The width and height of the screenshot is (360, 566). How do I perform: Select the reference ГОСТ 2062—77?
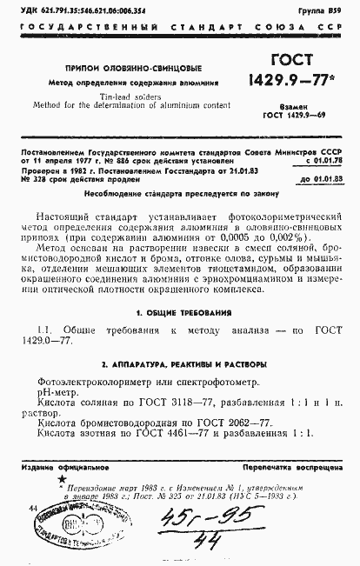[223, 421]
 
